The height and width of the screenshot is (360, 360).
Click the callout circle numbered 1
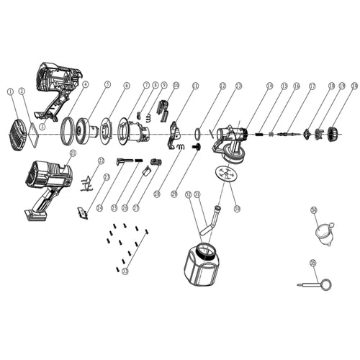pyautogui.click(x=10, y=91)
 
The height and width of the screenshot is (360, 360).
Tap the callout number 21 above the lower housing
pyautogui.click(x=72, y=153)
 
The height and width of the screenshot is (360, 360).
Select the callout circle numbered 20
pyautogui.click(x=354, y=85)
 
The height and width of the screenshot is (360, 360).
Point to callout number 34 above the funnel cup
pyautogui.click(x=313, y=210)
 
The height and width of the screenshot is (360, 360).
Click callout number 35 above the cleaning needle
pyautogui.click(x=312, y=264)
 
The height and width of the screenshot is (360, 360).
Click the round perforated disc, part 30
pyautogui.click(x=225, y=174)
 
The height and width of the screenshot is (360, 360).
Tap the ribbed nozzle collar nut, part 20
pyautogui.click(x=333, y=133)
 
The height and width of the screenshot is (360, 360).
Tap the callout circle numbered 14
pyautogui.click(x=269, y=85)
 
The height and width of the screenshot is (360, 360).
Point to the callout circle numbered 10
pyautogui.click(x=175, y=85)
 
